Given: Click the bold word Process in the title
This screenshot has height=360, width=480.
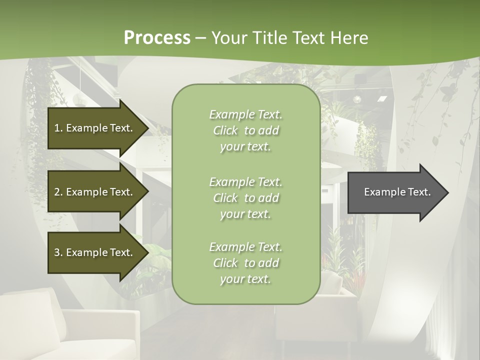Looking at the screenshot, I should click(157, 38).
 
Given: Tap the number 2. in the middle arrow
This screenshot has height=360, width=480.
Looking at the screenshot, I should click(58, 192).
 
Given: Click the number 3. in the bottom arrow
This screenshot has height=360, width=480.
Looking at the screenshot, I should click(58, 252).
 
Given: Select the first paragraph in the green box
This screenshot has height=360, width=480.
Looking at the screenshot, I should click(245, 130).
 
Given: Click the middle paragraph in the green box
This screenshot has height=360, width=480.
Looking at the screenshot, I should click(245, 197).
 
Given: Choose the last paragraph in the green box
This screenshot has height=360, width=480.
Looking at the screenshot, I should click(245, 263).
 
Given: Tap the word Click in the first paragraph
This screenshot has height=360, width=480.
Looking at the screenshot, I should click(225, 130).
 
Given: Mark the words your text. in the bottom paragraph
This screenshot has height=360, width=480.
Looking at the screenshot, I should click(245, 279).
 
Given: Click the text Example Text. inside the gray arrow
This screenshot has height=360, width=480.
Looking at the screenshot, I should click(397, 192).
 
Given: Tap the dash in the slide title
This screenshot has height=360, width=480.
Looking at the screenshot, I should click(201, 38).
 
